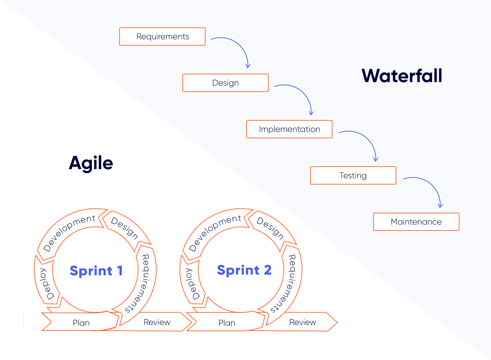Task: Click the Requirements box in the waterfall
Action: pos(162,36)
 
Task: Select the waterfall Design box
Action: pos(226,83)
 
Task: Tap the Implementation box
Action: pos(289,129)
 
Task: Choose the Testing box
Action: pos(353,175)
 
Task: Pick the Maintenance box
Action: pos(416,222)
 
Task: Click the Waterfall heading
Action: pos(402,76)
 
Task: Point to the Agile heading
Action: pos(91,163)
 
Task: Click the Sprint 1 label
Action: pos(96,271)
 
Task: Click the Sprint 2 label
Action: pos(244,270)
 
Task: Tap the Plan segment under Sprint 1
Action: pos(81,322)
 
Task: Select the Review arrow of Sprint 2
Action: pos(303,322)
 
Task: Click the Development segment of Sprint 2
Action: pos(214,232)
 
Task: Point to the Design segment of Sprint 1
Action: pos(125,228)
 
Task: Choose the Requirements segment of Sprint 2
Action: pos(290,283)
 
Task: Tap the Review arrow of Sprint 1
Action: pos(157,322)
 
